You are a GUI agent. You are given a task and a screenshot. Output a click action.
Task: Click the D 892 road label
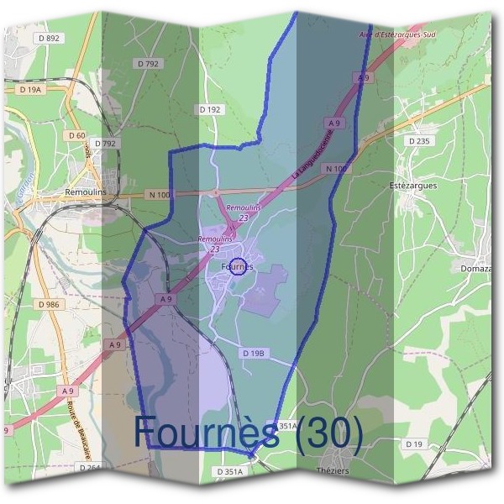50,39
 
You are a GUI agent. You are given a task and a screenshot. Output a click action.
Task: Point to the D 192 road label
210,109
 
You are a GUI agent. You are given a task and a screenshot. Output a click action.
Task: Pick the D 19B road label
254,354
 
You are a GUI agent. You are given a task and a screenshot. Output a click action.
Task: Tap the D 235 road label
418,141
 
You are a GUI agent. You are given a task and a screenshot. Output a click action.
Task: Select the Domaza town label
476,268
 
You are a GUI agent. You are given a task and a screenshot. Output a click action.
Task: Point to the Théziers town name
333,470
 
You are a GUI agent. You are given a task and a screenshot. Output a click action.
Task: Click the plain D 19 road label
413,443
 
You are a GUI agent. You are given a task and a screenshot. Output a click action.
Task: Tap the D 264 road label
89,468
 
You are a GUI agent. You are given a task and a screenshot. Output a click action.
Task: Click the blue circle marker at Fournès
238,266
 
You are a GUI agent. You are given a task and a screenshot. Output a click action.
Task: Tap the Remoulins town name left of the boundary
88,192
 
